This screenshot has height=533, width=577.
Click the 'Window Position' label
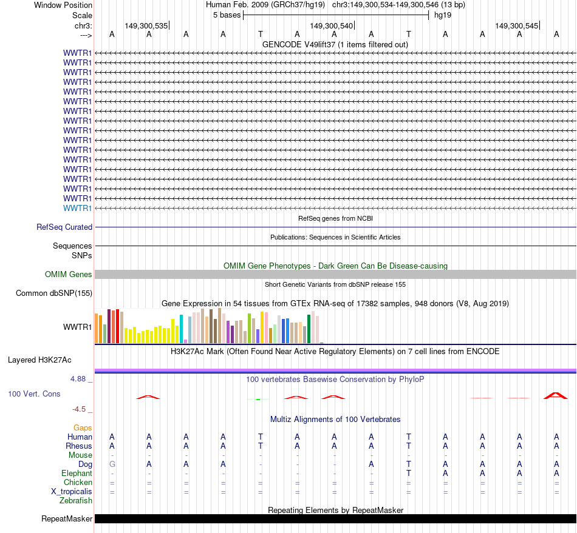tap(63, 5)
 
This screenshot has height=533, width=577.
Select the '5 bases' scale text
tap(227, 15)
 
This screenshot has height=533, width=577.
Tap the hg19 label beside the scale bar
tap(442, 15)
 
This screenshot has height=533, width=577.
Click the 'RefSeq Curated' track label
tap(64, 227)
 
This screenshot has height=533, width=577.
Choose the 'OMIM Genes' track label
tap(69, 275)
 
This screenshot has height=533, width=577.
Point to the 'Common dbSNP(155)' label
tap(54, 293)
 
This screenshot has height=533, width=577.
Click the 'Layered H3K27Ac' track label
tap(39, 360)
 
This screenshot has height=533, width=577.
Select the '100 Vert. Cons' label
tap(34, 394)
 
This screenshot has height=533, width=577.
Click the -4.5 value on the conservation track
tap(79, 409)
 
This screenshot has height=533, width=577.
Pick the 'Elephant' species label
tap(77, 474)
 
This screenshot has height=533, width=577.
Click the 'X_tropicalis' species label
tap(72, 492)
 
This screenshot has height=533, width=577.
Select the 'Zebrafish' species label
tap(76, 501)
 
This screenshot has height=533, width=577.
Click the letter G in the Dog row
tap(112, 464)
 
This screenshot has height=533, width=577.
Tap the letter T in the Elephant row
tap(409, 474)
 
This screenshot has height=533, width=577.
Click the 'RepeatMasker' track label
tap(67, 519)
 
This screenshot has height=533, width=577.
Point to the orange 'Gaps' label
tap(83, 428)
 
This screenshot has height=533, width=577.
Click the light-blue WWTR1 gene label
tap(77, 209)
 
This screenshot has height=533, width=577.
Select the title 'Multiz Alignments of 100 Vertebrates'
tap(335, 420)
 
